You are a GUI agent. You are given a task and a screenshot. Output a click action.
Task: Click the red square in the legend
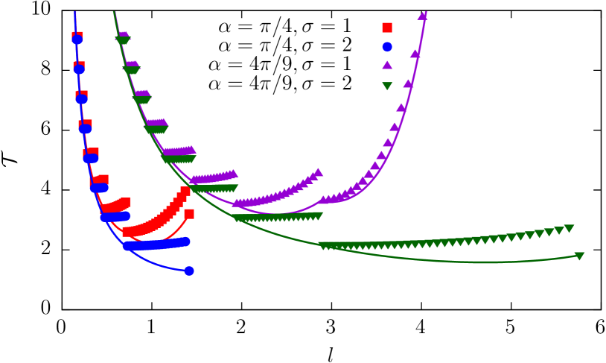coord(387,28)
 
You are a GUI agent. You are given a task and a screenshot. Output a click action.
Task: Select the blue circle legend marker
coord(387,47)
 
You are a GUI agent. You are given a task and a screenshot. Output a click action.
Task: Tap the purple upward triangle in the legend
coord(387,66)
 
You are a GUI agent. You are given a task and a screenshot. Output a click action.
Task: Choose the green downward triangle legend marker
coord(387,86)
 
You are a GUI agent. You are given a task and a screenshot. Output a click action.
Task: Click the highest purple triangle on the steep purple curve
coord(422,16)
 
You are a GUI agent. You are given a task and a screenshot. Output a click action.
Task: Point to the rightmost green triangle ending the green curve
coord(579,256)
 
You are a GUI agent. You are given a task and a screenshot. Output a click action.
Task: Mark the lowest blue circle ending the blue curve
coord(189,271)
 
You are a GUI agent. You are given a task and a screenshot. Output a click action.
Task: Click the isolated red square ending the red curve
coord(189,214)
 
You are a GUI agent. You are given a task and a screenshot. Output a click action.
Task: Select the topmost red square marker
coord(77,37)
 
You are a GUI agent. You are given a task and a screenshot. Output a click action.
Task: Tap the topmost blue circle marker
coord(77,40)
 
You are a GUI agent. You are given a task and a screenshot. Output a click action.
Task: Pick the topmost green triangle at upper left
coord(123,40)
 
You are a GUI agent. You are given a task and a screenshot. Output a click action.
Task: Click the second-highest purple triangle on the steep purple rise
coord(415,54)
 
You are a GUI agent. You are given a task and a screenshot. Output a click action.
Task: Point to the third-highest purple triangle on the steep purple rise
coord(408,83)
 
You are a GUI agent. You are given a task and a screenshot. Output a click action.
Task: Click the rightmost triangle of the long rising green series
coord(569,229)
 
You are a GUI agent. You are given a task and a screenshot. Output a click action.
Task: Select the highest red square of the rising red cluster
coord(185,191)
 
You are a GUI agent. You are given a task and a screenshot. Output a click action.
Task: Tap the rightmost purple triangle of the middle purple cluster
coord(318,172)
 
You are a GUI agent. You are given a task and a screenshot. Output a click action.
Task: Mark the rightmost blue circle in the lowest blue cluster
coord(185,242)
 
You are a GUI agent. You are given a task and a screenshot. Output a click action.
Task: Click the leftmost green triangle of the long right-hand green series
coord(323,246)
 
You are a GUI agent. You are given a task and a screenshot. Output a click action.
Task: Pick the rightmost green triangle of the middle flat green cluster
coord(318,216)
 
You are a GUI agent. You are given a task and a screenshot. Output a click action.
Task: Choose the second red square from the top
coord(80,66)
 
